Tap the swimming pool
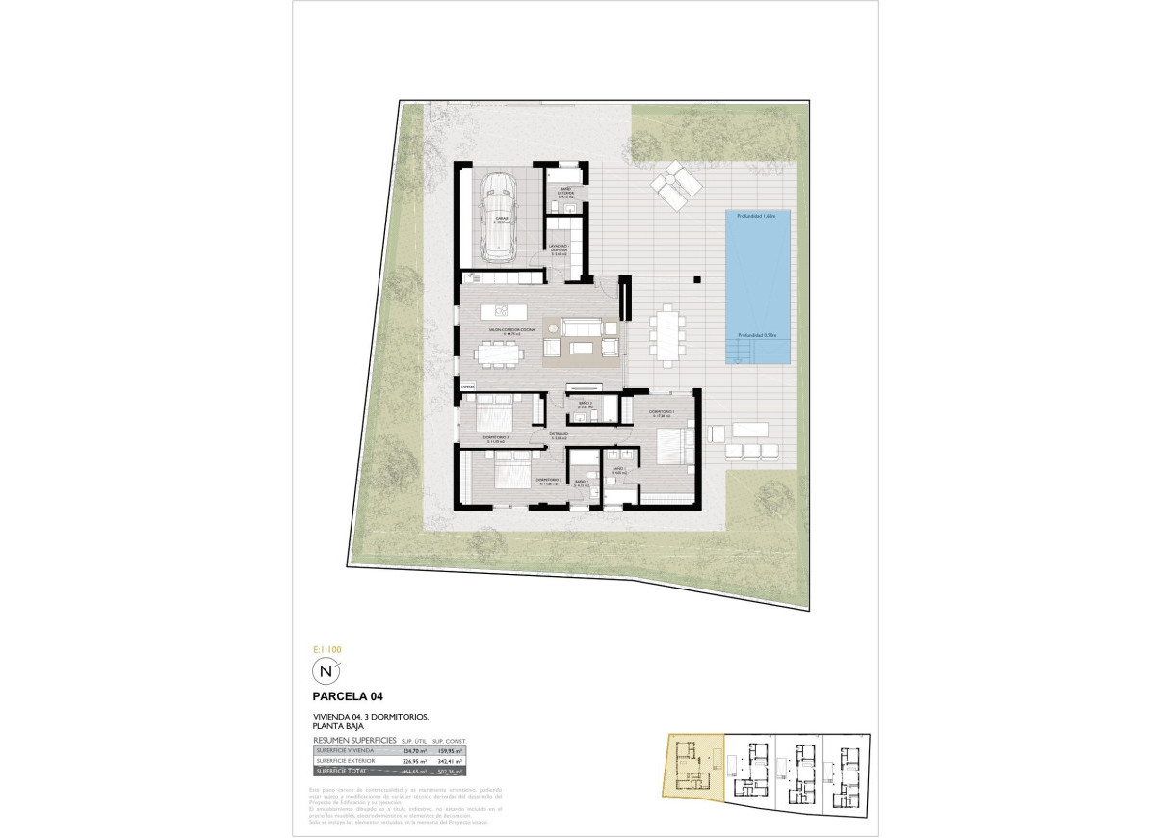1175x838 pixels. [758, 287]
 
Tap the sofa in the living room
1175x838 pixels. [582, 330]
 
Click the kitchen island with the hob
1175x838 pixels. [505, 310]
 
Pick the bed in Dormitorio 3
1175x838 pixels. [493, 420]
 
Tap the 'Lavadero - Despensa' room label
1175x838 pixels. [561, 249]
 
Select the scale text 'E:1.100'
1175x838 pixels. [327, 650]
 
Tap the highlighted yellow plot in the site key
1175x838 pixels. [691, 766]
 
